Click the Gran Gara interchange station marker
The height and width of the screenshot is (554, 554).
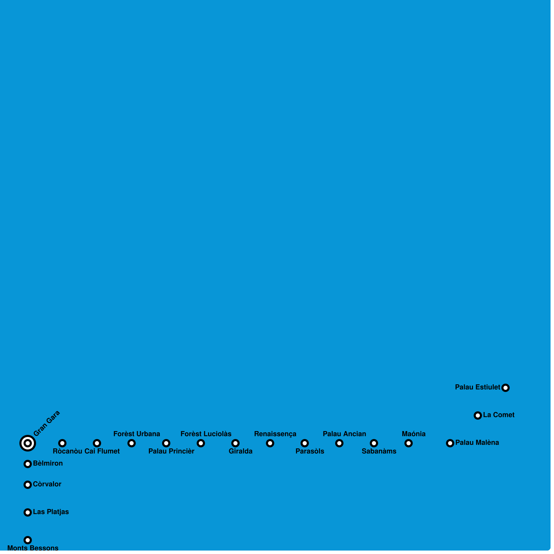pos(28,443)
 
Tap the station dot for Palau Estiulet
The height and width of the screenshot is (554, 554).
pos(506,388)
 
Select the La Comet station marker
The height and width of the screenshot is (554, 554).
pos(478,415)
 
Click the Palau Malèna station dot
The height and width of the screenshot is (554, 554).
pos(450,443)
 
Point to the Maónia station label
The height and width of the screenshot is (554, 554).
pos(413,434)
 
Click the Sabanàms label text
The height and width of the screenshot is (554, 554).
pos(379,451)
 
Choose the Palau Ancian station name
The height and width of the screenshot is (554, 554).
pos(344,434)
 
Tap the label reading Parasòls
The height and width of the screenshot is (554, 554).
pos(310,451)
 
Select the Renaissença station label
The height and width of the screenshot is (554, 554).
pos(275,434)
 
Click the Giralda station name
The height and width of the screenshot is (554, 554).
pos(240,451)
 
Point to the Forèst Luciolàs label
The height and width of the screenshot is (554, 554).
pos(206,434)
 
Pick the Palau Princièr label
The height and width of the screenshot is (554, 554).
pos(171,451)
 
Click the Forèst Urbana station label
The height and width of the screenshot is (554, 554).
pos(136,434)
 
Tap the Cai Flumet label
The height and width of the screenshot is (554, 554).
pos(102,451)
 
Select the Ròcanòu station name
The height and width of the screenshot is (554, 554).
pos(68,451)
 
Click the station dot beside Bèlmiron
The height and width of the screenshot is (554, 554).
pos(28,464)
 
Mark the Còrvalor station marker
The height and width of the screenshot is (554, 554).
pos(28,485)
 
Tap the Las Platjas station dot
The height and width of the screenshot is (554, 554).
pos(28,512)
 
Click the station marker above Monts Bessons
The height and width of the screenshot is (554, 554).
pos(28,540)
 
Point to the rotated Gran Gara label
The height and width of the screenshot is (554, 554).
pos(47,423)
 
